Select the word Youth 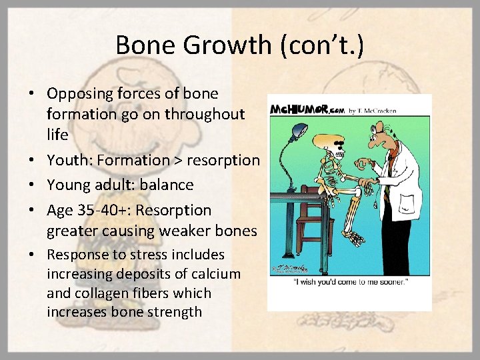point(67,160)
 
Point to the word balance point(168,185)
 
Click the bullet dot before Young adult point(35,185)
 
